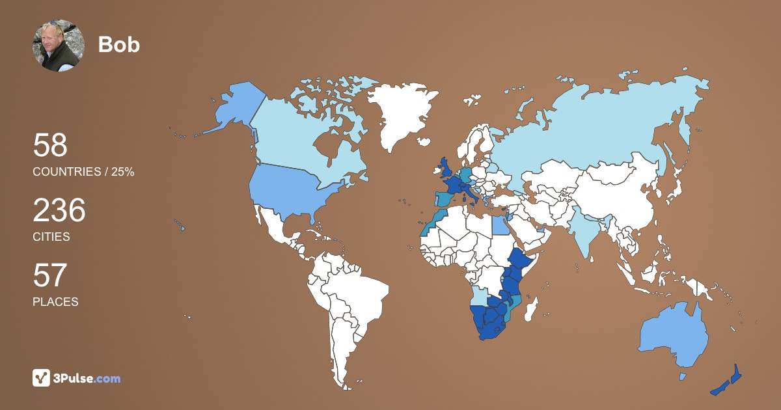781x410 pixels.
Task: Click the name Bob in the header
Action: tap(118, 44)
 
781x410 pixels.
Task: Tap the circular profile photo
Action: tap(59, 46)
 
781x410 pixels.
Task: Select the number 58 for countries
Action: tap(50, 145)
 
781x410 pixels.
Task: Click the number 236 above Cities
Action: tap(59, 211)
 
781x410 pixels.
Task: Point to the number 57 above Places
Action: tap(50, 275)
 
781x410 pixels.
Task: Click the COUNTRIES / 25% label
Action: tap(83, 172)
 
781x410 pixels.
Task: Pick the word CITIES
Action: tap(51, 237)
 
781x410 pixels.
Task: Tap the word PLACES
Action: tap(55, 302)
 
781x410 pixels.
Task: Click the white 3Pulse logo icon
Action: tap(42, 378)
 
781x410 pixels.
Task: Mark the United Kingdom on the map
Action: tap(446, 167)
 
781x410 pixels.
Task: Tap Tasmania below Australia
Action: tap(683, 376)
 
